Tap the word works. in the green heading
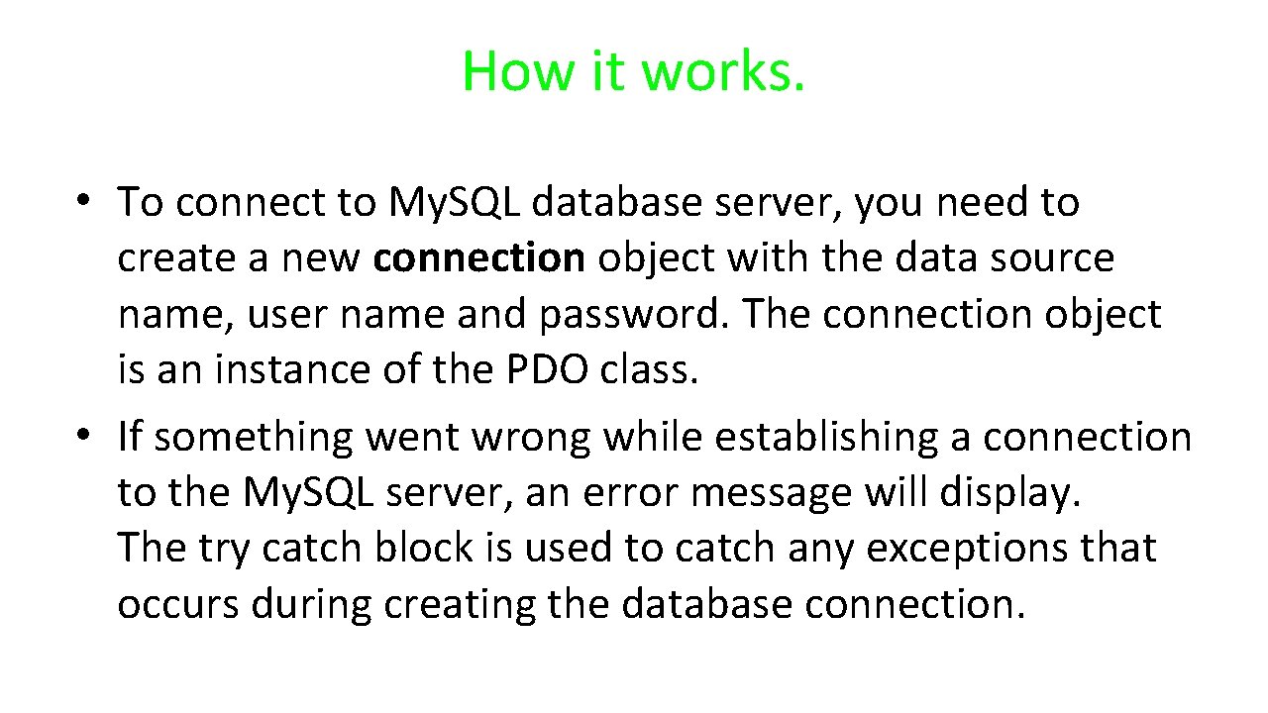pos(723,71)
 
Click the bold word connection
pos(479,257)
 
